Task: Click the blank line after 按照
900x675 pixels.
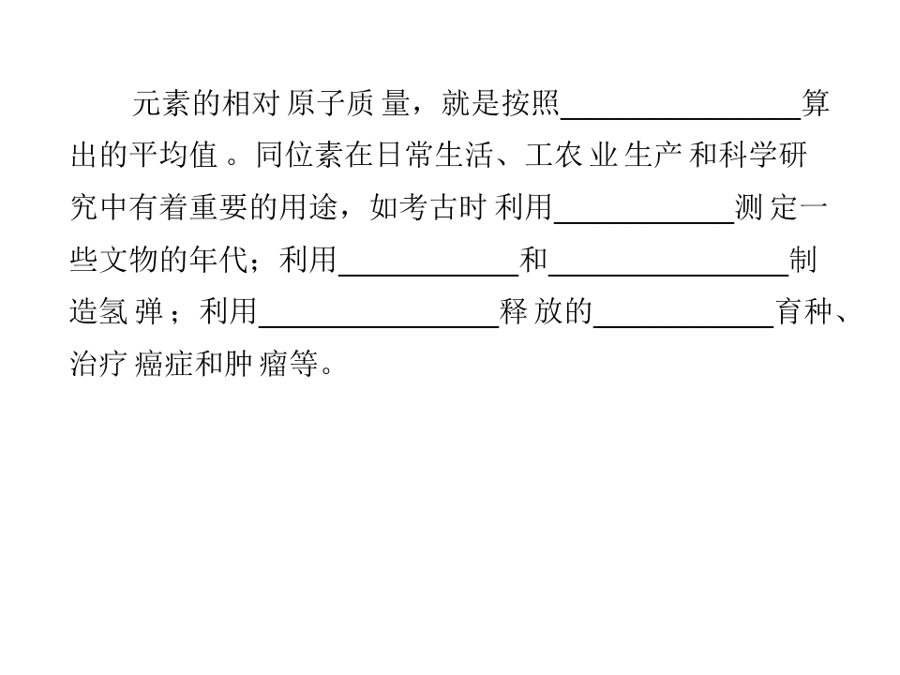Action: coord(681,118)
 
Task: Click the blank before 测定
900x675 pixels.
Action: coord(644,222)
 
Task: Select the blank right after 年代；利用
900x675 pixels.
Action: coord(428,275)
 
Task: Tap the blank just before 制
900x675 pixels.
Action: coord(668,275)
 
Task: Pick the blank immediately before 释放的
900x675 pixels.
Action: coord(379,326)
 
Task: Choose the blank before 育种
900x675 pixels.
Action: coord(683,326)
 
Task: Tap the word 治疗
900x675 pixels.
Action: coord(98,364)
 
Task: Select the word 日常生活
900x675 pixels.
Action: coord(434,156)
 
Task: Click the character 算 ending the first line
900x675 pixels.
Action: coord(816,104)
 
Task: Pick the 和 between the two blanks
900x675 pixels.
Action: coord(533,260)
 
